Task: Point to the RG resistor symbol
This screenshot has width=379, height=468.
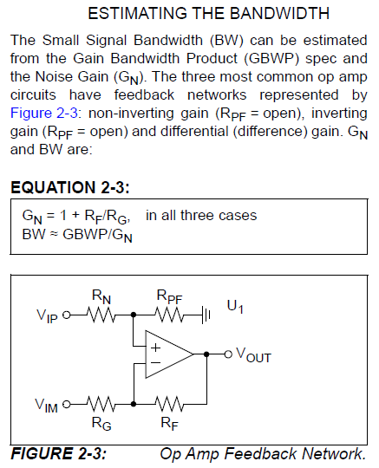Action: click(101, 403)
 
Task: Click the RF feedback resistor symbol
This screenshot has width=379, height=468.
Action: click(167, 403)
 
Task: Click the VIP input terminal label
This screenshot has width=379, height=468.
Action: click(49, 317)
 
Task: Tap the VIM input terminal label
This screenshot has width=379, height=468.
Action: click(48, 404)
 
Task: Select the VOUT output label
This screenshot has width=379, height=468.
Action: click(252, 355)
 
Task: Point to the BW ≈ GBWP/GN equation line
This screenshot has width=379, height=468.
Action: click(76, 235)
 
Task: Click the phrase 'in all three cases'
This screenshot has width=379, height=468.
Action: click(201, 215)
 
